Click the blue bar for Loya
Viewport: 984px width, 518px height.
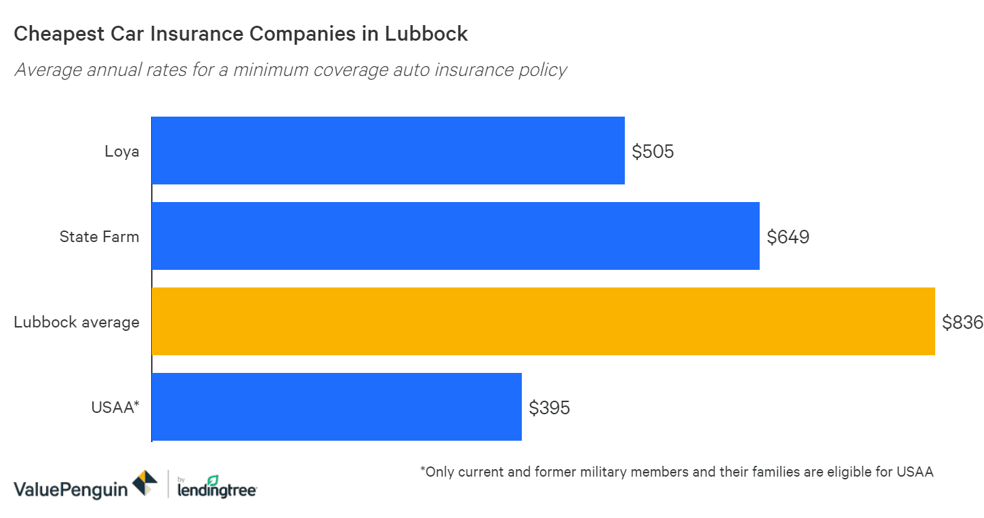(388, 151)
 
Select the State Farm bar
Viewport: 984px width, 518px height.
(455, 236)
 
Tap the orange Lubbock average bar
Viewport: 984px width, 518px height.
(543, 321)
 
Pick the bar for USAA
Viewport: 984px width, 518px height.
(336, 407)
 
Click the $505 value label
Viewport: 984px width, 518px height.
(653, 151)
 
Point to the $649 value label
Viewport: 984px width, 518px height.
(787, 237)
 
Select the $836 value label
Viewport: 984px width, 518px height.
(962, 322)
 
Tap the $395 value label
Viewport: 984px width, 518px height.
(550, 407)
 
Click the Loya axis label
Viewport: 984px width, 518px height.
(122, 151)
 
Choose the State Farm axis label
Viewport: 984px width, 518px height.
(99, 237)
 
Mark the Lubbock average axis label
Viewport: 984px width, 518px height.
(77, 322)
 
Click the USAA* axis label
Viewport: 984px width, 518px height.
(115, 407)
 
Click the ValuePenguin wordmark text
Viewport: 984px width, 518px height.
(70, 488)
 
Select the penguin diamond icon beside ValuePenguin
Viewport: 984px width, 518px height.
(144, 483)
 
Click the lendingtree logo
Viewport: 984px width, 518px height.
(216, 487)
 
